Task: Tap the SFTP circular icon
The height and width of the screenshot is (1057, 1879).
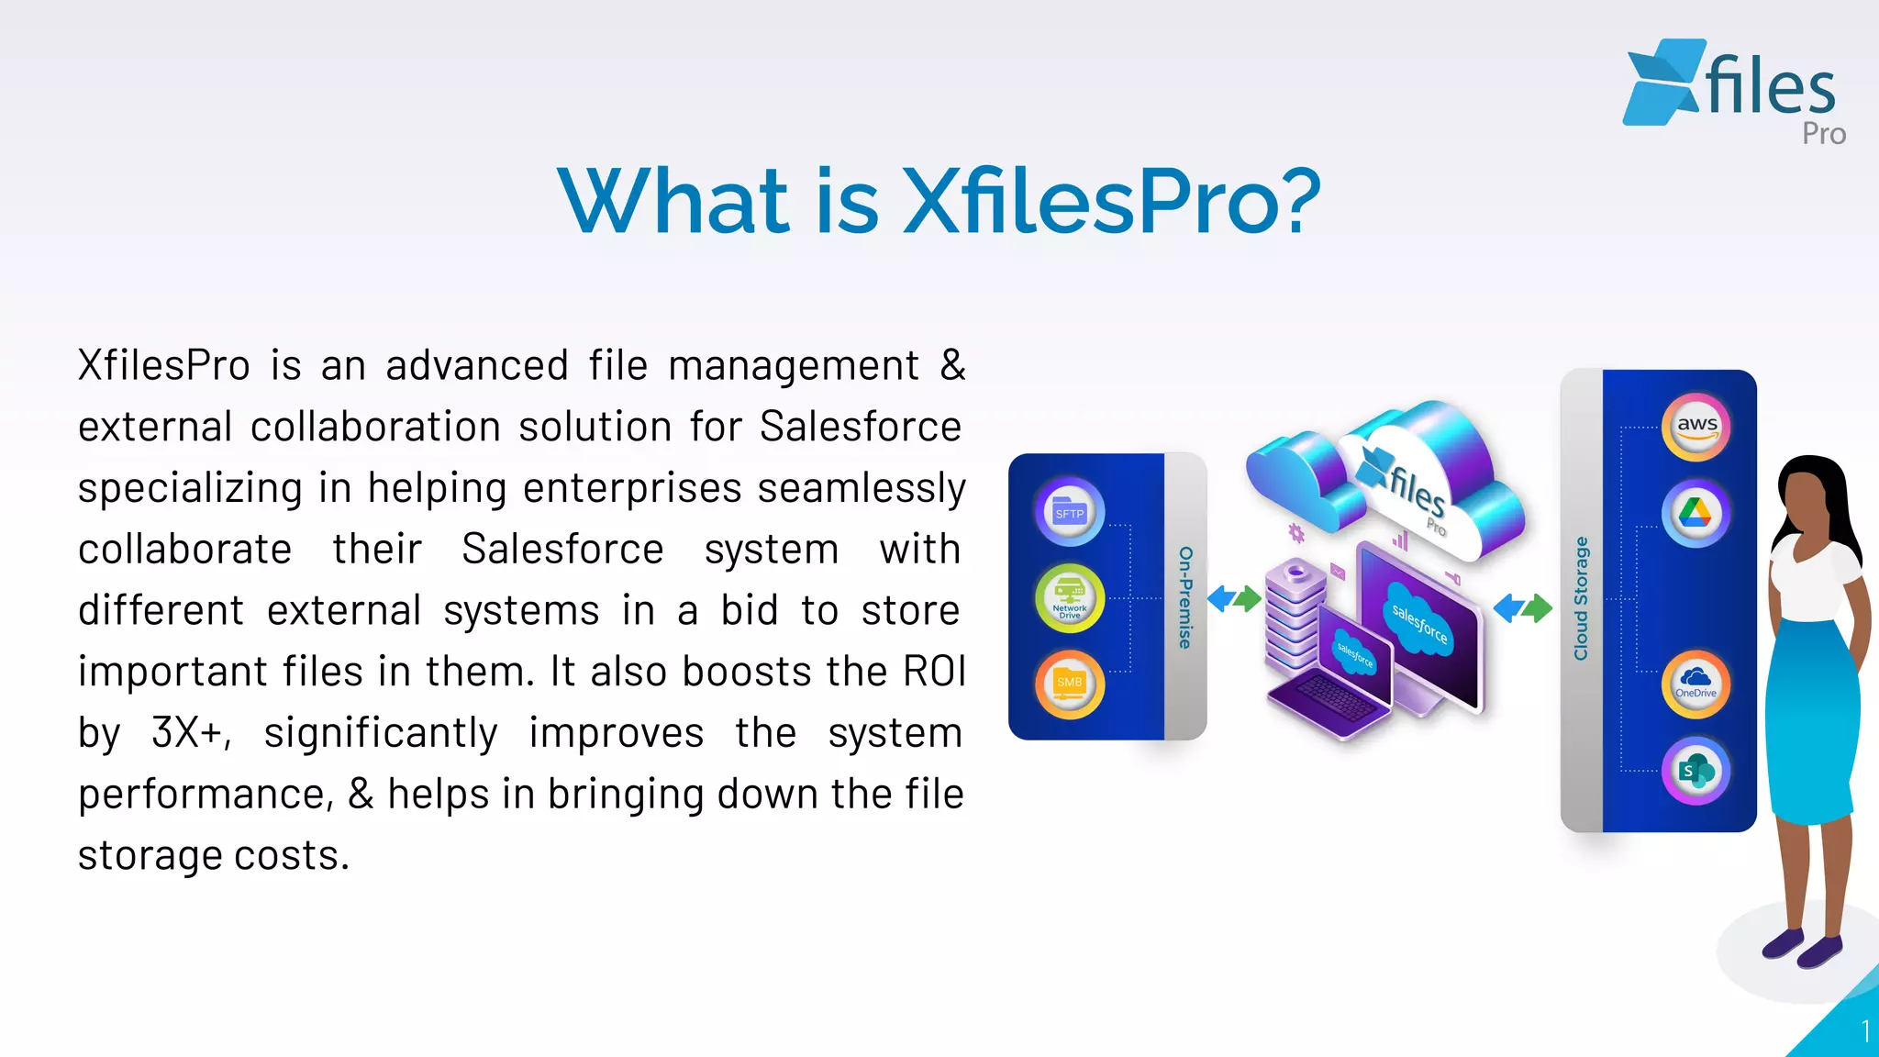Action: point(1069,512)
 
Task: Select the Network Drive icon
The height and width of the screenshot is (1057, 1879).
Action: point(1069,598)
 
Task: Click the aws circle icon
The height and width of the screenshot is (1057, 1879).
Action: point(1696,427)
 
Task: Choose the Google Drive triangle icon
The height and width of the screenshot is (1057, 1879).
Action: point(1696,513)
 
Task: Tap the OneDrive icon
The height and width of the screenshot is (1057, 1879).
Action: point(1696,684)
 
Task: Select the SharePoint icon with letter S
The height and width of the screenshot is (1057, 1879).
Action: point(1696,771)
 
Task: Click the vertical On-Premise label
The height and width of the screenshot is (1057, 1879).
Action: point(1185,597)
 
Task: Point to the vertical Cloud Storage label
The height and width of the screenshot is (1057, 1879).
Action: point(1581,598)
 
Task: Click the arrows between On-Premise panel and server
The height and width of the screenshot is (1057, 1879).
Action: point(1234,599)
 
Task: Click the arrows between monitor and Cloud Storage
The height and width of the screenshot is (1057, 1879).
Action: point(1522,607)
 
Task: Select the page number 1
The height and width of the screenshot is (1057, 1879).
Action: point(1864,1031)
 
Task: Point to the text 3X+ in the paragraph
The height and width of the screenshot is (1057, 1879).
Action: point(190,733)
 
